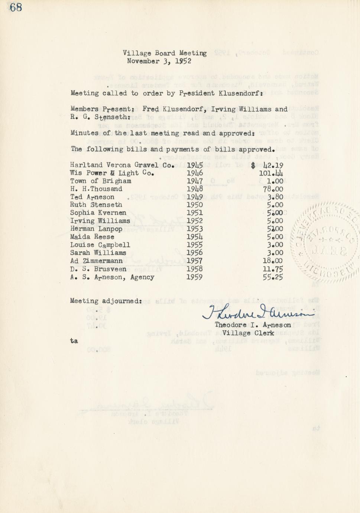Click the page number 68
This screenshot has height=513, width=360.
(16, 7)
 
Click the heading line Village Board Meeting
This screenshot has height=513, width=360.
(165, 53)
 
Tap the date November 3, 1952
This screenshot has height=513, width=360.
(159, 61)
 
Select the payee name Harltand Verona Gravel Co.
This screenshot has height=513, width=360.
(122, 165)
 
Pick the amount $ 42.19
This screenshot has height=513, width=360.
(267, 165)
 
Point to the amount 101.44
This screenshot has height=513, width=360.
(271, 173)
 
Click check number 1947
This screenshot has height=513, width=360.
(194, 181)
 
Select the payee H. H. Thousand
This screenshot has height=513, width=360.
(96, 189)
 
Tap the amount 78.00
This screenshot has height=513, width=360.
(273, 189)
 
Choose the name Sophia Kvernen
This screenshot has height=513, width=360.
(98, 213)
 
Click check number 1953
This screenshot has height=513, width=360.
(194, 229)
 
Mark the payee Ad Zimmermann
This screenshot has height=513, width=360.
(96, 261)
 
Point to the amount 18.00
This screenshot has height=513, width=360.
(273, 261)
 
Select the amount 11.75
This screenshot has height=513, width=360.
(273, 269)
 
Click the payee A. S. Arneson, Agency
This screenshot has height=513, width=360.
(112, 277)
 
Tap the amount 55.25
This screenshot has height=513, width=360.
(273, 277)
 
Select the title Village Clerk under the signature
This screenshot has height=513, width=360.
(248, 333)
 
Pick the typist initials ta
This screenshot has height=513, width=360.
(74, 341)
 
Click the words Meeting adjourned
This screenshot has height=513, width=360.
(106, 301)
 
